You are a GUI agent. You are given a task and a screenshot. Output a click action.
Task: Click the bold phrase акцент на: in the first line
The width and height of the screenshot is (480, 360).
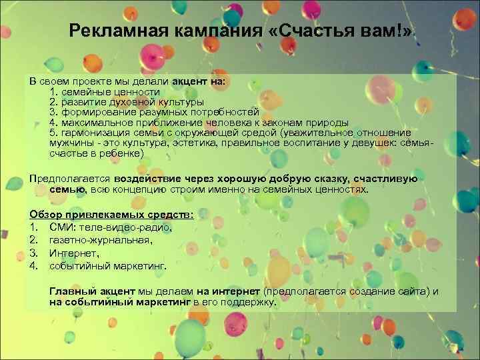pyautogui.click(x=199, y=81)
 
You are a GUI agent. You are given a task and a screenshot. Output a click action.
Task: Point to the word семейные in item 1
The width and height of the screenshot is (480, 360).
pyautogui.click(x=83, y=92)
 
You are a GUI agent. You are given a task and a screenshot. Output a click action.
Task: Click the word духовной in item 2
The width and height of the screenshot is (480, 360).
pyautogui.click(x=129, y=102)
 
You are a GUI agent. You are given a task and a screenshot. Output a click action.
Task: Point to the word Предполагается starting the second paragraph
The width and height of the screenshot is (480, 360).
pyautogui.click(x=70, y=179)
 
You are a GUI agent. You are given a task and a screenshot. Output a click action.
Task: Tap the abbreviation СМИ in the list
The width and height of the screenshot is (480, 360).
pyautogui.click(x=62, y=227)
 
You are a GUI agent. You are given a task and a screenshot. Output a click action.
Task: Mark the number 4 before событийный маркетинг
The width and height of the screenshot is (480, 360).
pyautogui.click(x=33, y=266)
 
